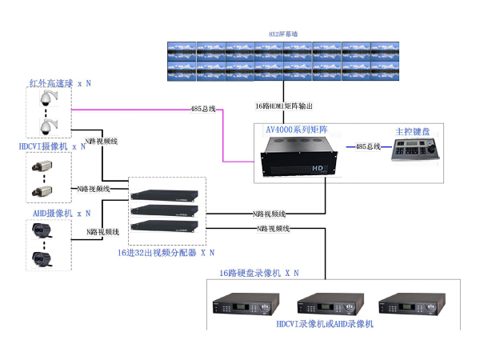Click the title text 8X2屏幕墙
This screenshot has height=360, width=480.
[284, 34]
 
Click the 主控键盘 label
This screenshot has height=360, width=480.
[412, 130]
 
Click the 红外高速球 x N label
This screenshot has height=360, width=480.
[60, 82]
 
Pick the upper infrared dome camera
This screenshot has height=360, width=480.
[47, 99]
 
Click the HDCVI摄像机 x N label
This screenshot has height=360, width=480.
[53, 147]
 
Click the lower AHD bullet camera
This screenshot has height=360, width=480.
[42, 258]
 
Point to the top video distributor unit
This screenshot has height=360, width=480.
[164, 195]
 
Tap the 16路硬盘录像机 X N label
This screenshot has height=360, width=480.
[258, 273]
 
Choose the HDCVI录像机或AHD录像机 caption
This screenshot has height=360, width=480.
[325, 325]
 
